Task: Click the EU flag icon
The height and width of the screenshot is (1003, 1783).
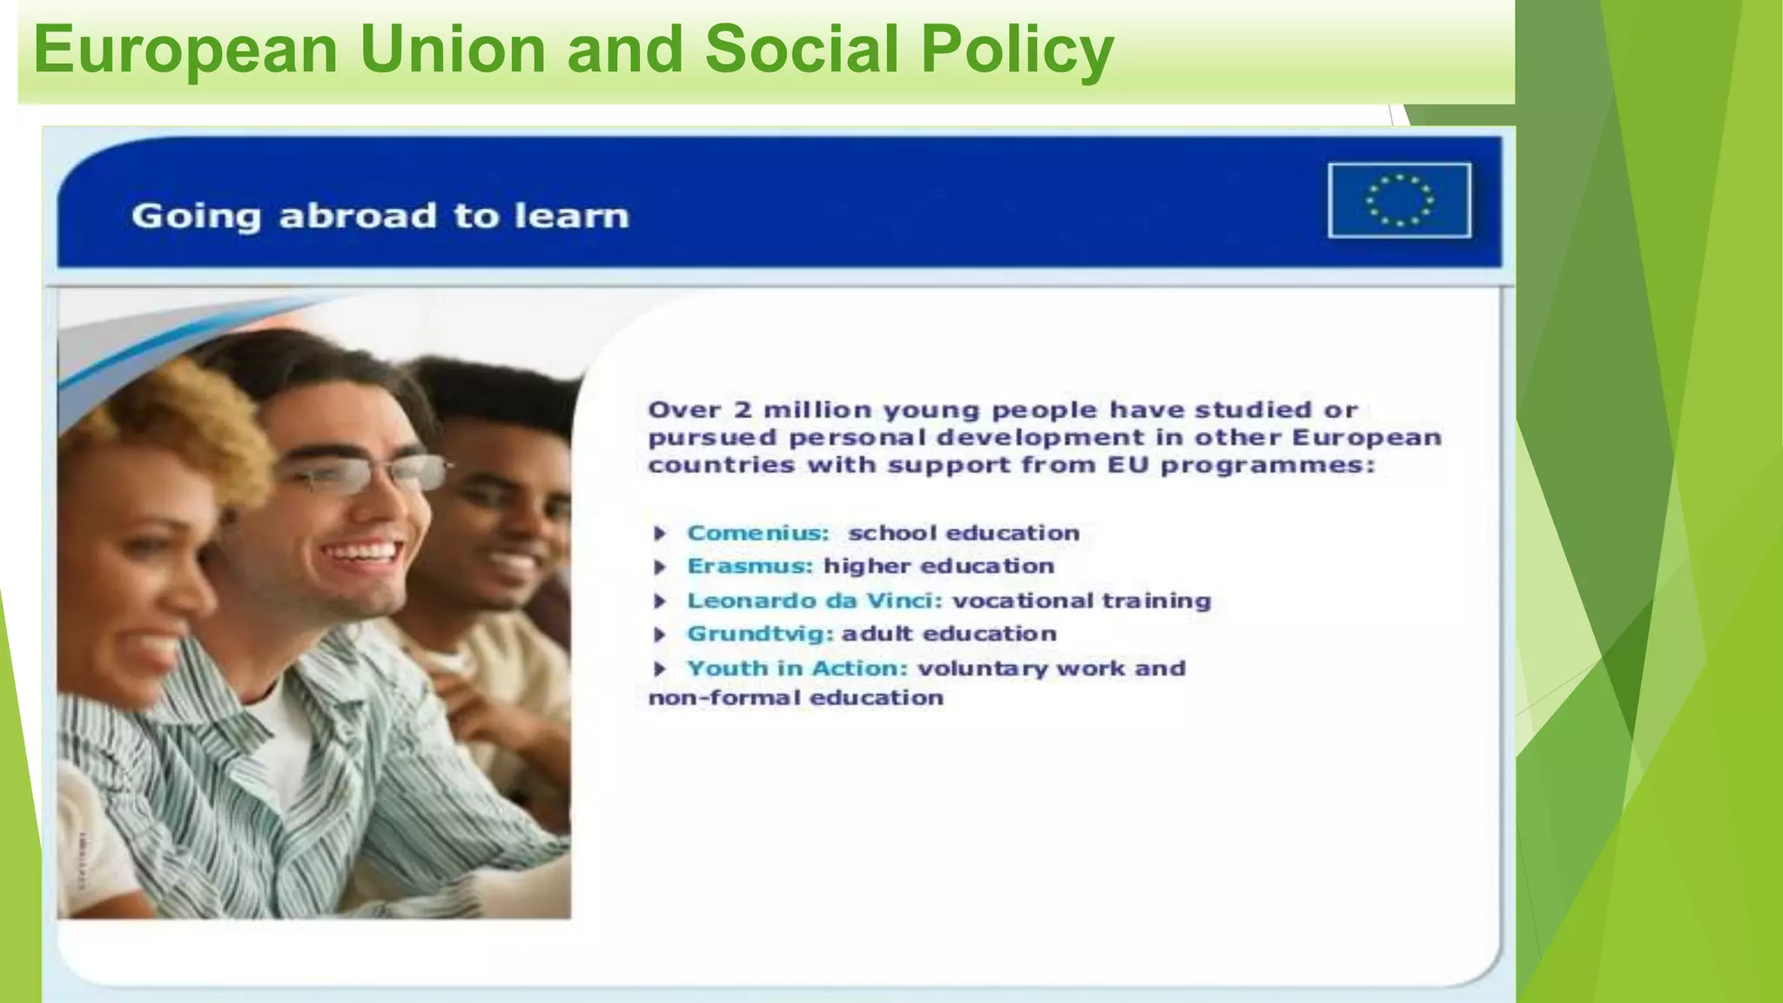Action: pyautogui.click(x=1399, y=200)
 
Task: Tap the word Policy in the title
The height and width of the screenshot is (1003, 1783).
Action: pyautogui.click(x=1017, y=50)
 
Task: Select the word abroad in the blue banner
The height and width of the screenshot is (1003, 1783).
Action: pyautogui.click(x=357, y=216)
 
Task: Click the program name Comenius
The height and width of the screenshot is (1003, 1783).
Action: pyautogui.click(x=757, y=533)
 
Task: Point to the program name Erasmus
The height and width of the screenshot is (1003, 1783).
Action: pyautogui.click(x=750, y=566)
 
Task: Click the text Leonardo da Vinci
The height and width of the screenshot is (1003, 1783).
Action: pyautogui.click(x=815, y=601)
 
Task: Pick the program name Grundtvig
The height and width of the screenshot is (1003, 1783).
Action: pyautogui.click(x=760, y=634)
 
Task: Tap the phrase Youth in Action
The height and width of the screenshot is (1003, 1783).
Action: pyautogui.click(x=797, y=669)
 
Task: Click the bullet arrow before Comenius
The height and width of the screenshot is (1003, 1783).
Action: pyautogui.click(x=660, y=533)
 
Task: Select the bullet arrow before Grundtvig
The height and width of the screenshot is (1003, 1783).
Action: pyautogui.click(x=660, y=635)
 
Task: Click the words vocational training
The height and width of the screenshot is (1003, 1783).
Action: pyautogui.click(x=1081, y=601)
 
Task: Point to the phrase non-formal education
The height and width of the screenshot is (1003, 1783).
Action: pyautogui.click(x=796, y=698)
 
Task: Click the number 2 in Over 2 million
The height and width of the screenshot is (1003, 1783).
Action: pyautogui.click(x=742, y=410)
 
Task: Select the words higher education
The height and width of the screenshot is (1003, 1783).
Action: pyautogui.click(x=939, y=566)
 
